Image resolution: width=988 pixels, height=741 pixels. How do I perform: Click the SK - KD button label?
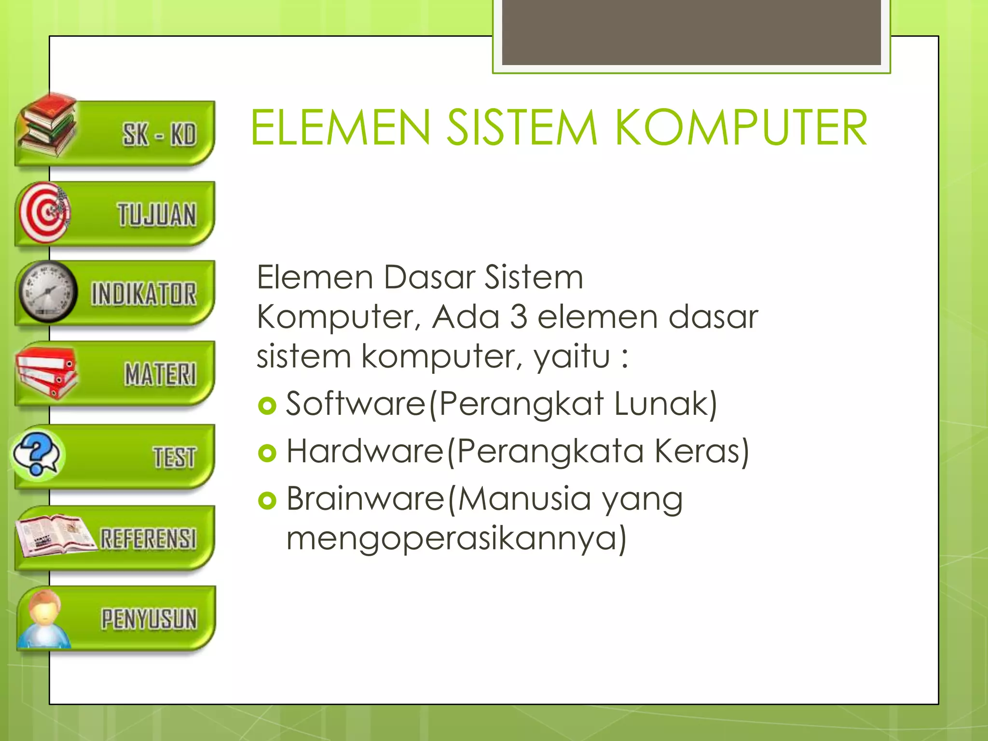[x=159, y=134]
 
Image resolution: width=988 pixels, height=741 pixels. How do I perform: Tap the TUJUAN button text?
[x=157, y=215]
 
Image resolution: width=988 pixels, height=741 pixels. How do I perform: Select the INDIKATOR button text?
[x=144, y=294]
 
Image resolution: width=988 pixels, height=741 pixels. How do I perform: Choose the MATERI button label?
[x=161, y=374]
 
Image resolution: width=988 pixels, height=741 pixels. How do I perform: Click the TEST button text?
[x=175, y=457]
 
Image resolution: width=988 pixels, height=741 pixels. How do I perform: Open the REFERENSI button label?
[x=149, y=538]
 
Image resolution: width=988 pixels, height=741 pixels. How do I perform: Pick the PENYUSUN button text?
[x=149, y=619]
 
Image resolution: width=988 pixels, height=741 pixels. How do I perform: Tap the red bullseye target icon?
[x=44, y=212]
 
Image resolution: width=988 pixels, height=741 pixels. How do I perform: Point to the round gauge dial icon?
[x=47, y=292]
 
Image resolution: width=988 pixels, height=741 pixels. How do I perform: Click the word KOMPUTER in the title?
[x=741, y=128]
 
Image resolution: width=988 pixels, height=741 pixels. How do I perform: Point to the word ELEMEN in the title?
[x=341, y=128]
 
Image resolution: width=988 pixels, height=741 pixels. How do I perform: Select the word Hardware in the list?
[x=365, y=451]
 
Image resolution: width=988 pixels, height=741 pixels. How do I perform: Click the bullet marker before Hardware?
[x=267, y=453]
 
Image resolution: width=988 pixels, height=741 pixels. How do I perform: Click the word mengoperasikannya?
[x=452, y=538]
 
